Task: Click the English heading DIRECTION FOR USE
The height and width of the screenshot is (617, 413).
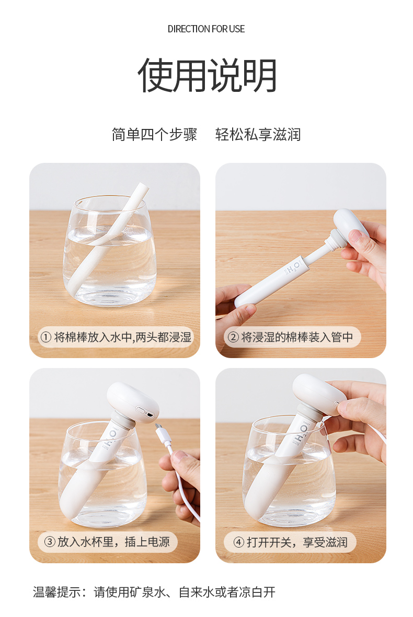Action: coord(206,29)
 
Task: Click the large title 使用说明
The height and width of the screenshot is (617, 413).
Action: coord(207,76)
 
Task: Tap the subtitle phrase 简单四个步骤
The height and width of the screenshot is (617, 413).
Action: coord(155,135)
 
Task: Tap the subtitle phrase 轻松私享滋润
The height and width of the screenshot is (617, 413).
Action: coord(258,135)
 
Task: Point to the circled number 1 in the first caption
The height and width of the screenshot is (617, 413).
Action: coord(45,337)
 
